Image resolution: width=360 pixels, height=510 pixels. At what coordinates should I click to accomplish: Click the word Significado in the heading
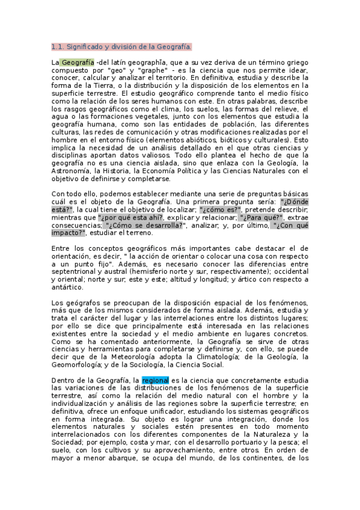(x=85, y=46)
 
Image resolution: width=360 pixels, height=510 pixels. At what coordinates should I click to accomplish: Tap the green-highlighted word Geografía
(x=78, y=62)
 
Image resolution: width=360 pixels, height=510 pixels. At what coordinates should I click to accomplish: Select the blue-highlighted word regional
(x=156, y=380)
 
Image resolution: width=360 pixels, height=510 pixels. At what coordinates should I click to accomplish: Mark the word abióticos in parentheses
(x=226, y=140)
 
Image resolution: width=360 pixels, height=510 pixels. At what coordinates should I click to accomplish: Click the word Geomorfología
(x=80, y=364)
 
